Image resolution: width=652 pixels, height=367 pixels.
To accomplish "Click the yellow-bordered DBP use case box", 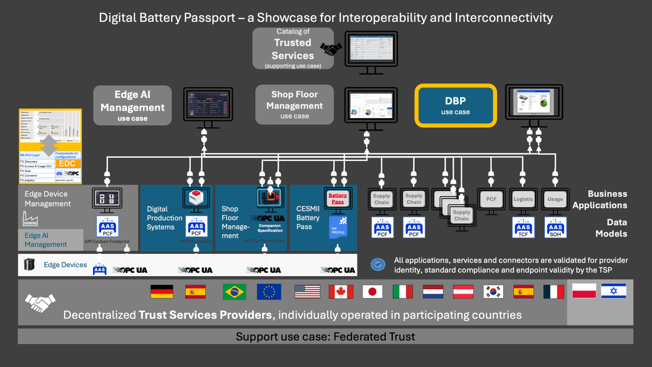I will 455,105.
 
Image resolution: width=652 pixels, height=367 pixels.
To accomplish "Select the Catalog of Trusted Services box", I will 293,49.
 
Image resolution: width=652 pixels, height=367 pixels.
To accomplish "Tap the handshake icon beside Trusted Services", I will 331,49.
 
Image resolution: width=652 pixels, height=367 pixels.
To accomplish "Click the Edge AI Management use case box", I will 132,105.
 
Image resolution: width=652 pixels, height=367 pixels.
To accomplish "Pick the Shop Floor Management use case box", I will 294,104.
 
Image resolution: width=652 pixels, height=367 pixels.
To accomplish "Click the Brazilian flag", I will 234,292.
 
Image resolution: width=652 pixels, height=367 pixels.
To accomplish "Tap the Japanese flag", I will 372,292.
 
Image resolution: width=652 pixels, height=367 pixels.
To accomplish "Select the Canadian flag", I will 341,292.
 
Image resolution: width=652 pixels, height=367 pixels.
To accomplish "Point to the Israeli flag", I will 613,291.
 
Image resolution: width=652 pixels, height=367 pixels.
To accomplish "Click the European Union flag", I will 269,292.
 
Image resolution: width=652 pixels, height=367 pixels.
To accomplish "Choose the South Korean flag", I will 493,292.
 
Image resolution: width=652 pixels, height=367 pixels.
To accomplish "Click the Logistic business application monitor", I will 523,200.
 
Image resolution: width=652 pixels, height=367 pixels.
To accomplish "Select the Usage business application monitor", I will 555,200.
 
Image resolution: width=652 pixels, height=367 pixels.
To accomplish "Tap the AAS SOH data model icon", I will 555,227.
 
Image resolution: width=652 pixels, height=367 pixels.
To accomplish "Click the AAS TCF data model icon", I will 523,227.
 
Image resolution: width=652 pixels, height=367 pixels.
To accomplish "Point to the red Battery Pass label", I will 337,198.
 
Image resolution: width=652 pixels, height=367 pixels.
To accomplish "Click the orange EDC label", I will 67,164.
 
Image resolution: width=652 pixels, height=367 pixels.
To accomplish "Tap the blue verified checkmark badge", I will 378,264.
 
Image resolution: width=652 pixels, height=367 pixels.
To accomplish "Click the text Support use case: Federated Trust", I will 325,337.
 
